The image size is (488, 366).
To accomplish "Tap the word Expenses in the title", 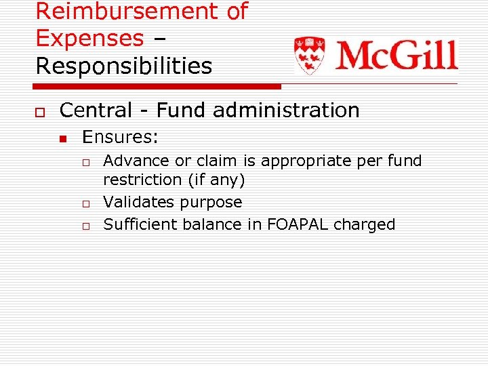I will (x=89, y=38).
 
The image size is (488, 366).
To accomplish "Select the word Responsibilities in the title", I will (x=123, y=66).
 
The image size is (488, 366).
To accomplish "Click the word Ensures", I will (x=119, y=138).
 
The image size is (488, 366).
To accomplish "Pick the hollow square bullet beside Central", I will (x=39, y=111).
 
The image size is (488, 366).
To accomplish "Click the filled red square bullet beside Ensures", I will (x=62, y=139).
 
